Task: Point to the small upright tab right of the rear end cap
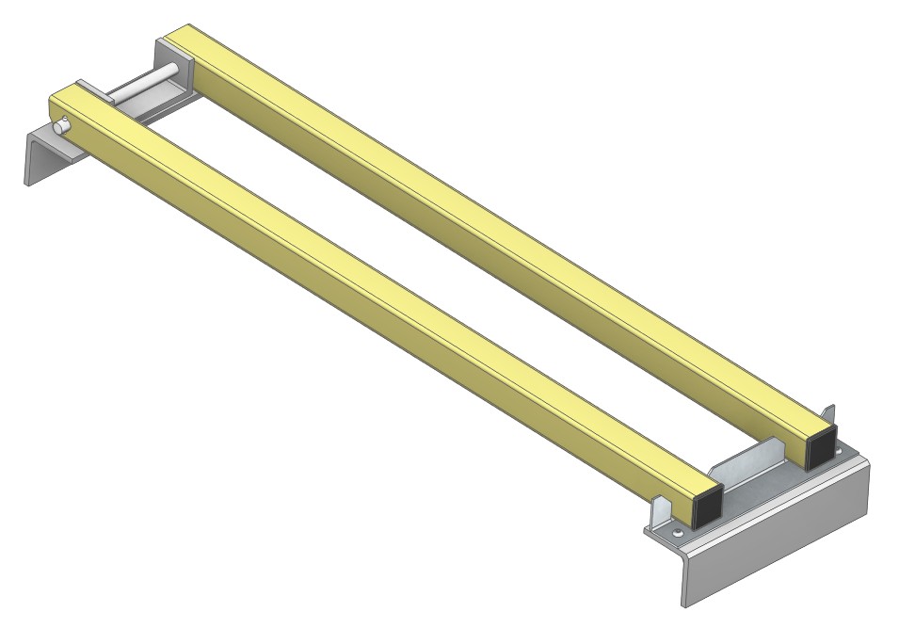pyautogui.click(x=829, y=416)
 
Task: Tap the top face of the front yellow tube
pyautogui.click(x=377, y=292)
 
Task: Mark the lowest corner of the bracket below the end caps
pyautogui.click(x=684, y=604)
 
